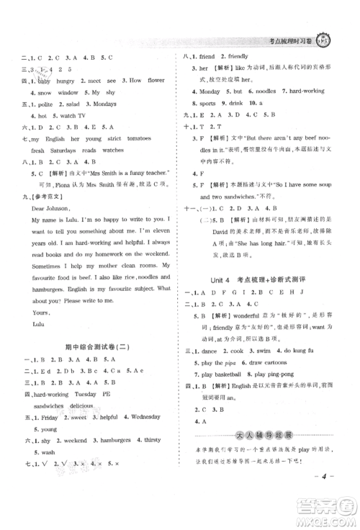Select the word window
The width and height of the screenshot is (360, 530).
click(x=68, y=92)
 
